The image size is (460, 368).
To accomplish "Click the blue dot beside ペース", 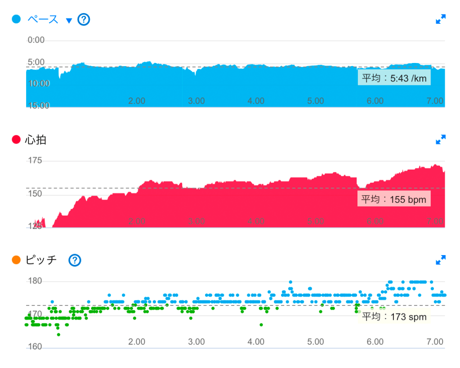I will click(16, 19).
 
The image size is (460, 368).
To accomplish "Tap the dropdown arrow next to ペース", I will click(69, 20).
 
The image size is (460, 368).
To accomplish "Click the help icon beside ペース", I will click(84, 20).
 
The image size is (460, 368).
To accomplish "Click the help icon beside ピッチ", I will click(75, 260).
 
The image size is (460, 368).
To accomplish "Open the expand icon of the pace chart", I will click(441, 19).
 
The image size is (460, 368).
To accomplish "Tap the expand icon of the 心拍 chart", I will click(441, 139).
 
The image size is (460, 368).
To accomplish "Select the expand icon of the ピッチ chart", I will click(441, 260).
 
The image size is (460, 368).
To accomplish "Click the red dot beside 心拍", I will click(16, 140).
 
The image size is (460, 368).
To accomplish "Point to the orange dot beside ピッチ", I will click(16, 260).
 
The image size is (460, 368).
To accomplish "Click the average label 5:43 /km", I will click(394, 78).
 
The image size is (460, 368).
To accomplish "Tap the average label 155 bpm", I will click(394, 199).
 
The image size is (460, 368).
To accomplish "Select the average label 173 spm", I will click(394, 317).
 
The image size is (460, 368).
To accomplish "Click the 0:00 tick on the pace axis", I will click(36, 40).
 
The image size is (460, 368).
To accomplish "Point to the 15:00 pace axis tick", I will click(38, 106).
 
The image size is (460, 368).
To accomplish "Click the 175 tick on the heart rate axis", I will click(35, 161).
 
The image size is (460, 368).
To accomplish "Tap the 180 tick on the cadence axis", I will click(35, 281).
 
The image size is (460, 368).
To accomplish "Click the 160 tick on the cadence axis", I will click(35, 347).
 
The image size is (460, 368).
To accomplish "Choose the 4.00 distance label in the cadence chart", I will click(256, 342).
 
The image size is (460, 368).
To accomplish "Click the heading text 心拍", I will click(36, 140).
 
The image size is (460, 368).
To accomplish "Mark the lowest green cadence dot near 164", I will click(58, 334).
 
